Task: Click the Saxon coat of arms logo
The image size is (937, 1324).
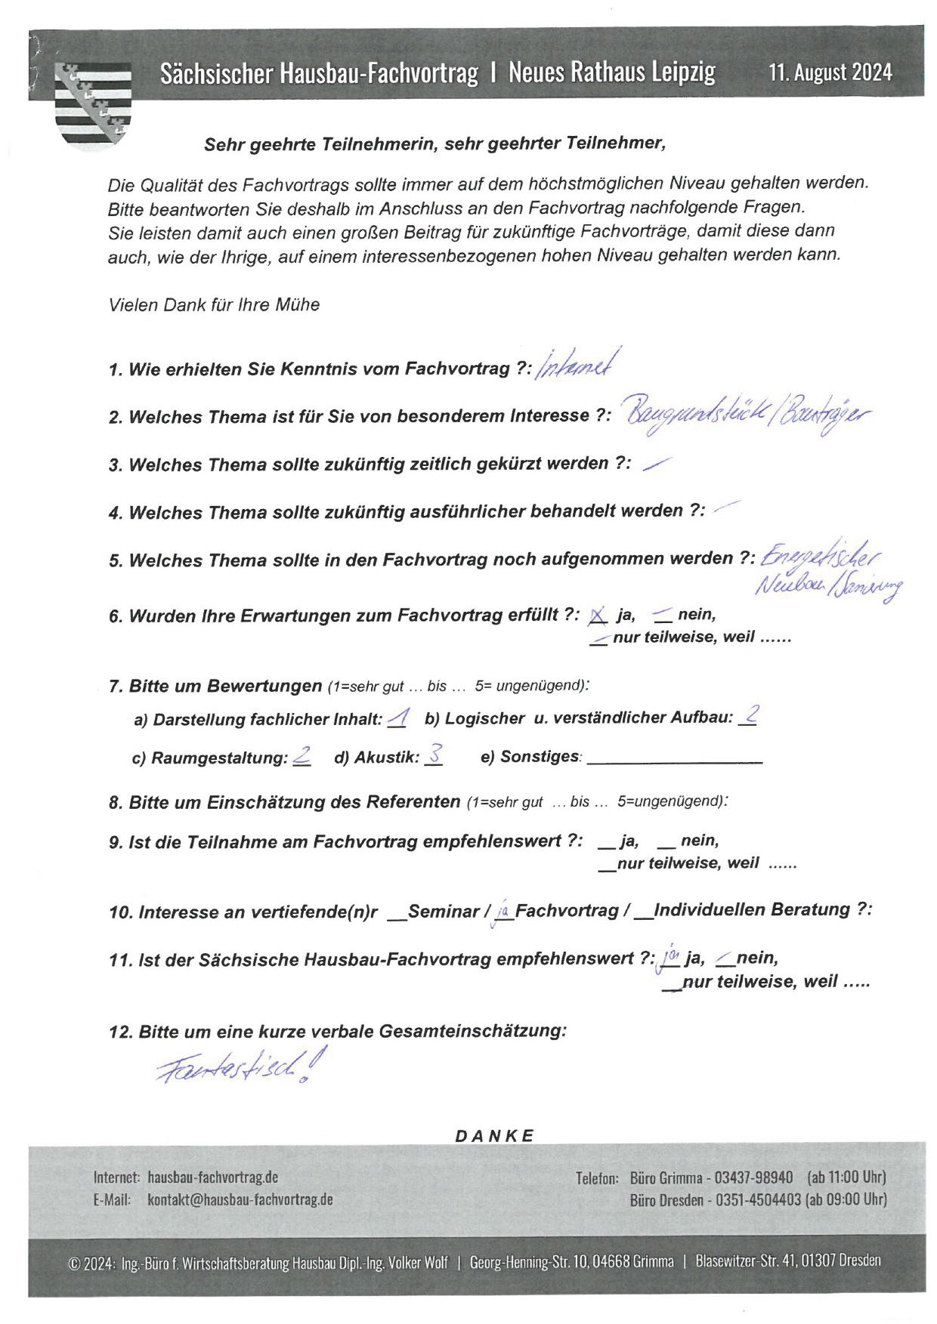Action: click(93, 103)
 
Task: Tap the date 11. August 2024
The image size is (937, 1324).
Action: click(830, 73)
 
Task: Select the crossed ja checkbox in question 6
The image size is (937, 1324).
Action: click(597, 616)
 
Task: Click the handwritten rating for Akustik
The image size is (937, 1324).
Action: click(434, 755)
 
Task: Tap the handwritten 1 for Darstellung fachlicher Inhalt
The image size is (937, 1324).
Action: click(398, 718)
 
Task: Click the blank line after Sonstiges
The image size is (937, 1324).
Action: click(674, 760)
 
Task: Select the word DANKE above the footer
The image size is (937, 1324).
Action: click(494, 1136)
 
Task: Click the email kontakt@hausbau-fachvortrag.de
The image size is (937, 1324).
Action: click(240, 1199)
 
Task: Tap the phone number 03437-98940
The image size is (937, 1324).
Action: click(753, 1177)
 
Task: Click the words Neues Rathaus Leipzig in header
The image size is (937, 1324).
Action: click(611, 73)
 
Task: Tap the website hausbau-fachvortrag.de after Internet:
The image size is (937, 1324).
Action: click(212, 1177)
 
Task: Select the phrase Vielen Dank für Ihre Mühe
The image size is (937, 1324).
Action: click(214, 305)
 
